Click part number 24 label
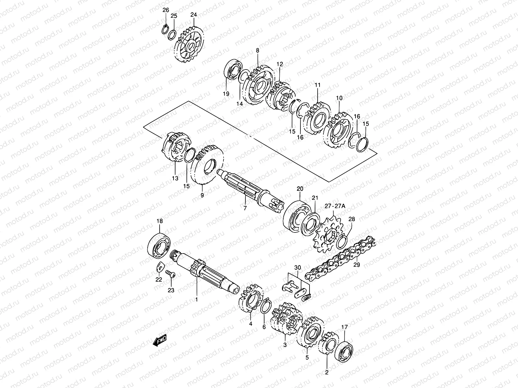point(194,15)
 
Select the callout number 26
point(166,10)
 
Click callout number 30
point(298,267)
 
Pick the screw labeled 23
point(170,274)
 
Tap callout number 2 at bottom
point(326,372)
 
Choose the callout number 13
point(175,178)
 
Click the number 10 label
point(339,98)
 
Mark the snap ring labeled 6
point(265,307)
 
